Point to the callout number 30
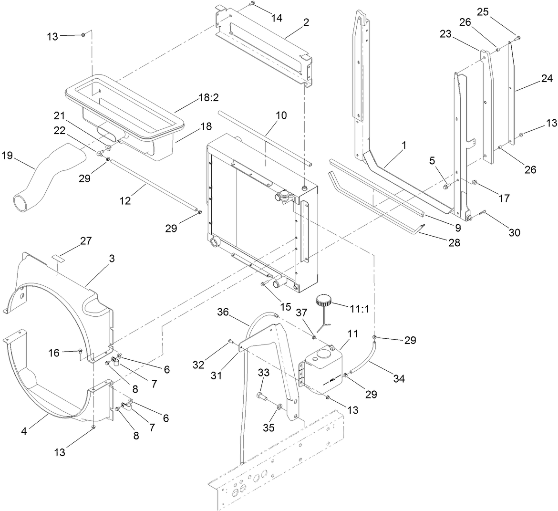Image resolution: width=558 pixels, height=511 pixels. [x=514, y=232]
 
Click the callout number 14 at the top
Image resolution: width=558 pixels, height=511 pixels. [x=277, y=18]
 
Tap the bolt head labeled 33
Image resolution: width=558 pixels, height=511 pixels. [x=260, y=395]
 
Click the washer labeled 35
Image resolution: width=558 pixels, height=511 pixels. [x=279, y=407]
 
